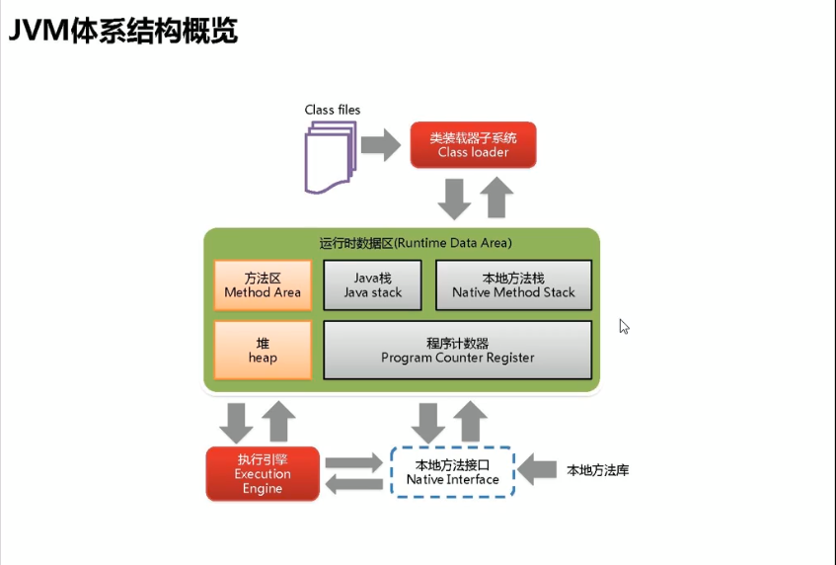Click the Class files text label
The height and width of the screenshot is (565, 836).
coord(333,110)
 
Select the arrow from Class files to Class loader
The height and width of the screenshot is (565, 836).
coord(380,145)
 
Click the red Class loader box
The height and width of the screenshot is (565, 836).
coord(473,145)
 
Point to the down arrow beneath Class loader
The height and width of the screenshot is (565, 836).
coord(455,198)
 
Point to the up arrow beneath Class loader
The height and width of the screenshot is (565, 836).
coord(496,198)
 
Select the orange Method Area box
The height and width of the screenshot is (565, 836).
coord(263,285)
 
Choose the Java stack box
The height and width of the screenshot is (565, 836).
coord(373,285)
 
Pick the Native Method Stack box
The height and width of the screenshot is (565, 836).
coord(513,285)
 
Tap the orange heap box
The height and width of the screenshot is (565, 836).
coord(263,350)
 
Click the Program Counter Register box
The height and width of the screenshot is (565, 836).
coord(458,350)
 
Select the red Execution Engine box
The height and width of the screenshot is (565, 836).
coord(263,473)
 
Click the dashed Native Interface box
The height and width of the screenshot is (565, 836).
coord(453,471)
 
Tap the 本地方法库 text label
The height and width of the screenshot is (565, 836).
coord(598,471)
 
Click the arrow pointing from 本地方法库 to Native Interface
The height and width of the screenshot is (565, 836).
coord(538,471)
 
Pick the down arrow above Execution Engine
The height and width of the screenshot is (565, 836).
coord(237,422)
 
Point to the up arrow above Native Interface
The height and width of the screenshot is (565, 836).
coord(471,422)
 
